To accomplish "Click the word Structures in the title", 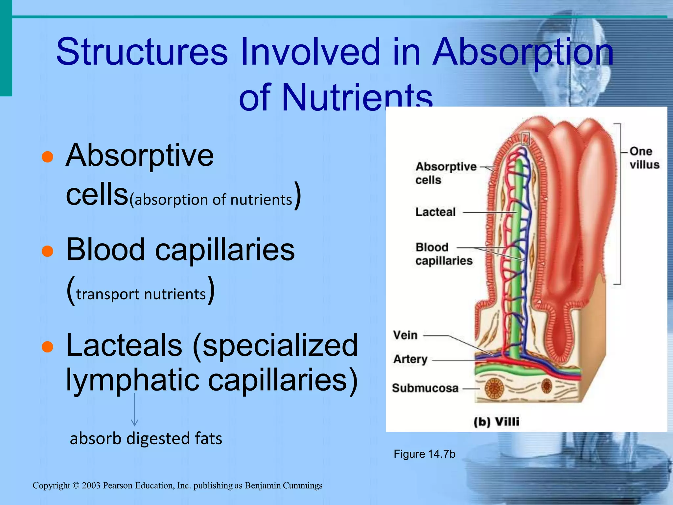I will pos(142,52).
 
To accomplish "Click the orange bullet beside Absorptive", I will pos(48,157).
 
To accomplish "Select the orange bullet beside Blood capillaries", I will pos(48,251).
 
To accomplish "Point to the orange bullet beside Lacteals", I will pos(48,347).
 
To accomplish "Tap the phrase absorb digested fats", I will pos(146,439).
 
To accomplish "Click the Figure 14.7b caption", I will pos(424,454).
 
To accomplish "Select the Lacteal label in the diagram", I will pos(435,212).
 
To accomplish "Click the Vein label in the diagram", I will pos(406,335).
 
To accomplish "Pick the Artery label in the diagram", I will pos(410,359).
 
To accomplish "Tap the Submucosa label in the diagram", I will pos(425,388).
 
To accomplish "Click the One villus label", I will pos(644,158).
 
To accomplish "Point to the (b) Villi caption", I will pos(496,422).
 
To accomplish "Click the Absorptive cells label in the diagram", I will pos(445,173).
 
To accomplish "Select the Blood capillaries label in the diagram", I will pos(443,254).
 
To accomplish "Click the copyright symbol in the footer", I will pos(76,486).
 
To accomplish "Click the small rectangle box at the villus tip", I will pos(526,139).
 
